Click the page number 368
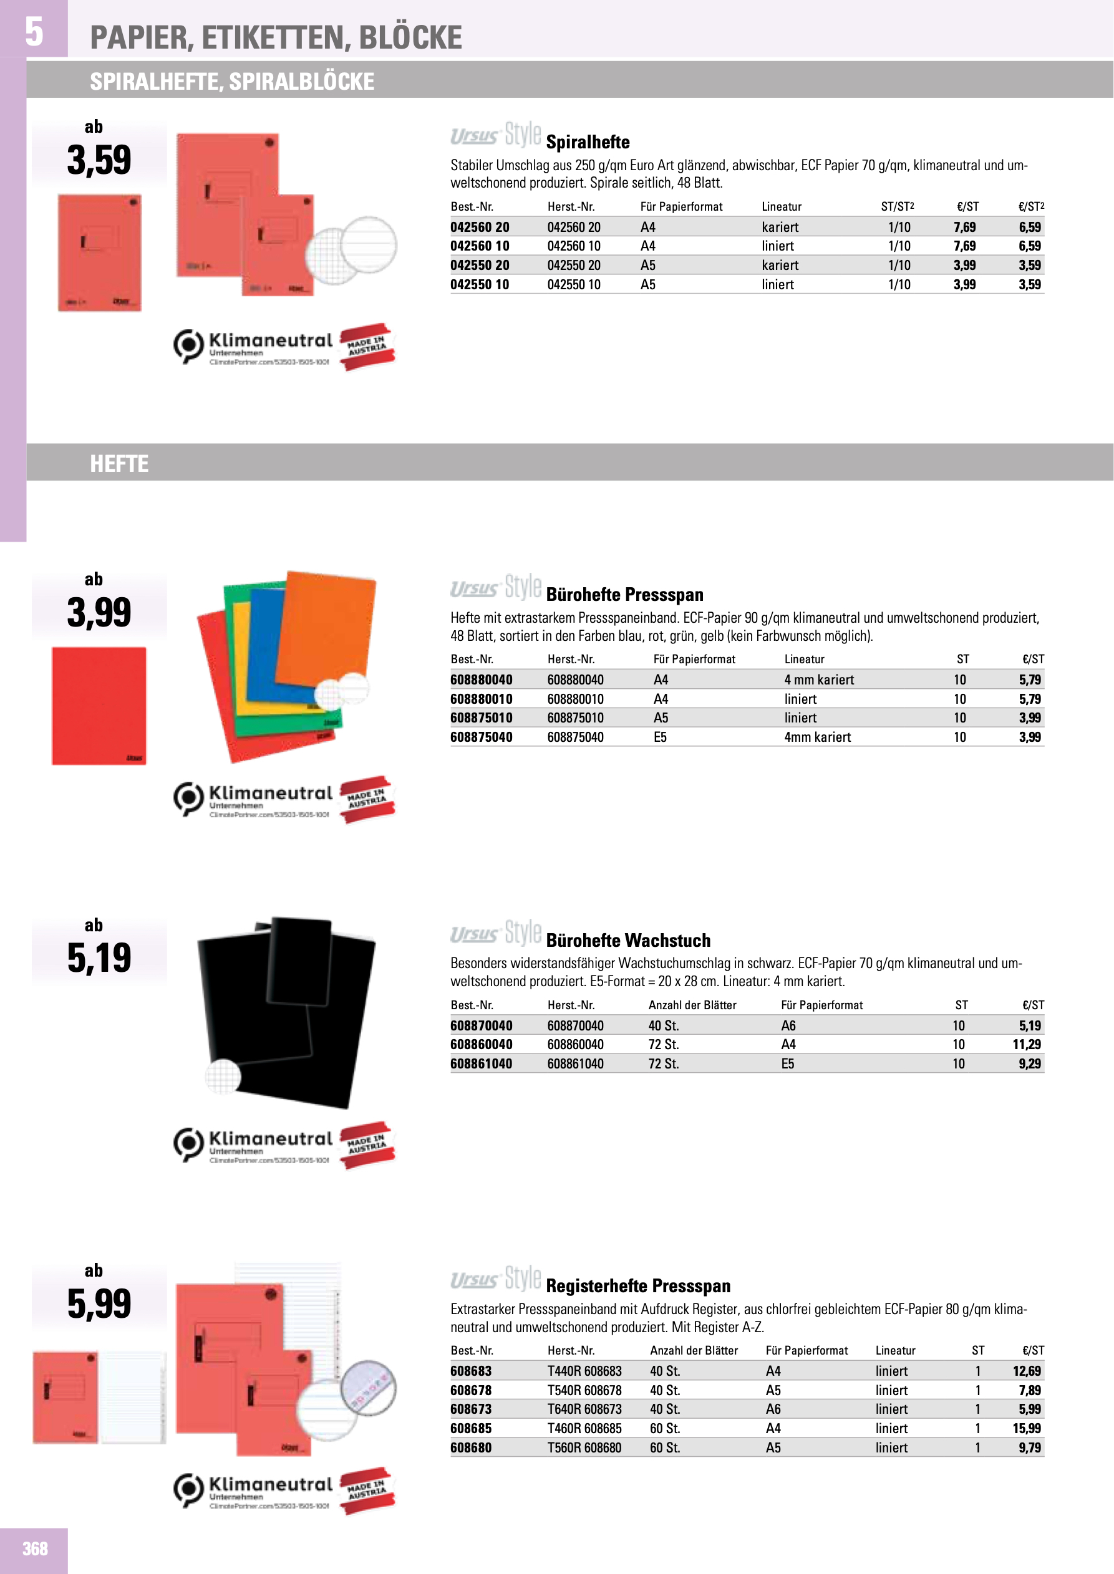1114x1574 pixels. pos(35,1548)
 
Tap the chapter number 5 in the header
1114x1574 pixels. pos(34,32)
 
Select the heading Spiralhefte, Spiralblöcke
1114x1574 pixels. pos(232,82)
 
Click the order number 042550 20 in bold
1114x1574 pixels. pos(480,266)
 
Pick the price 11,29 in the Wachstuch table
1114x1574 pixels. pos(1026,1044)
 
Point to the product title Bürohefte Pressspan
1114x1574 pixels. pos(624,594)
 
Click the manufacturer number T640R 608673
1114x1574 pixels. pos(584,1409)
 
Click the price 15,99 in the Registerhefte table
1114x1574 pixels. pos(1026,1428)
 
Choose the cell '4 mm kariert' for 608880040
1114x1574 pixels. pos(819,679)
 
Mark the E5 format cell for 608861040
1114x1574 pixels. pos(788,1063)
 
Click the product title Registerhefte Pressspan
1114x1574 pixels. pos(638,1285)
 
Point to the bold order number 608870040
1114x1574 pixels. pos(481,1025)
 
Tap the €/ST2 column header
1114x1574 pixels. pos(1030,206)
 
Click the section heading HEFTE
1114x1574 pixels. pos(119,464)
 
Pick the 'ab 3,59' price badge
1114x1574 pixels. pos(99,150)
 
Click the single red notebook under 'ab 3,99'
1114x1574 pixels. pos(99,706)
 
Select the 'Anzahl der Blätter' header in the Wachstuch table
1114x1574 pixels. pos(692,1005)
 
